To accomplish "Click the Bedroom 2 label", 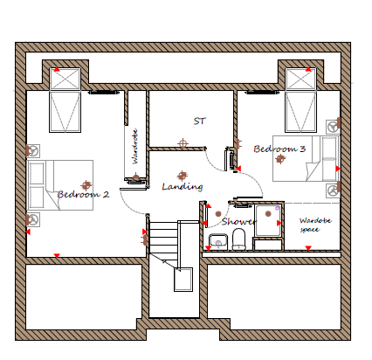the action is point(83,194).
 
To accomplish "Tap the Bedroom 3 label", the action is point(279,149).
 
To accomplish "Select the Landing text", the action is point(183,187).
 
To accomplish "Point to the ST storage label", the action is point(200,121).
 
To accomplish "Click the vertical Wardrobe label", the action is point(134,147).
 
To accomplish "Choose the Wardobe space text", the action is point(315,225).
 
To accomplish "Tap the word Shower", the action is point(239,222).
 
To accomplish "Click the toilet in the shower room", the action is point(239,239).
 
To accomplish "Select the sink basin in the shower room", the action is point(218,241).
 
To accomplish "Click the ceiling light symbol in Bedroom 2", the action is point(86,185).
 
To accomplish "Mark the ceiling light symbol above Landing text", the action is point(183,176).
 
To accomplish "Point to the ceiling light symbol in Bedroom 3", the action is point(280,159).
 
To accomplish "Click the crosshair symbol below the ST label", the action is point(183,143).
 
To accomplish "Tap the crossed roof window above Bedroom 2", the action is point(65,79).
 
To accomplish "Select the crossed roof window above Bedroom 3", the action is point(300,79).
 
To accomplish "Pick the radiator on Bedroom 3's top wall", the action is point(260,93).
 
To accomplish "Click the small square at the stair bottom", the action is point(183,280).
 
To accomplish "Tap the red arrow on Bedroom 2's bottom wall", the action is point(57,256).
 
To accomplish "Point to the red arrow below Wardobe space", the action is point(308,248).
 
